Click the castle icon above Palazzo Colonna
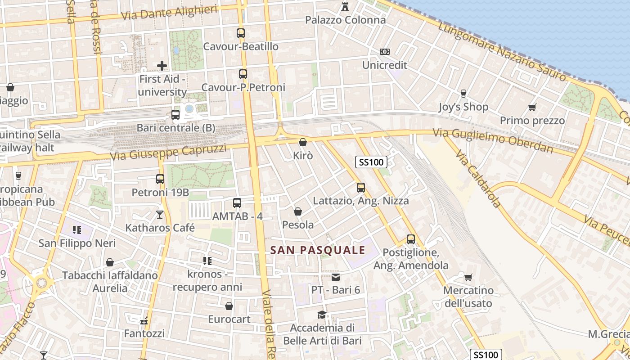click(345, 6)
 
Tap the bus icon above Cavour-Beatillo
click(241, 33)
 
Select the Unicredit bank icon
click(384, 52)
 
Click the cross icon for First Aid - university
click(162, 66)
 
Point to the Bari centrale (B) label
click(176, 128)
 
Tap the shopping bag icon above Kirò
click(303, 142)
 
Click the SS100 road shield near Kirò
click(371, 162)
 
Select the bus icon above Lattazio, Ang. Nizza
click(361, 187)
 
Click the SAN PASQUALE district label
click(318, 250)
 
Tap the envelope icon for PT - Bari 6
click(336, 277)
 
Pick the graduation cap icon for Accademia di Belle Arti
click(322, 314)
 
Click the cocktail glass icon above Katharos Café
click(160, 214)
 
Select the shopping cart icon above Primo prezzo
click(532, 107)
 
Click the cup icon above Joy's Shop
click(463, 93)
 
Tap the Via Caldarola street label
click(478, 179)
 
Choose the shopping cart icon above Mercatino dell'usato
click(468, 277)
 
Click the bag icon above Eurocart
click(229, 306)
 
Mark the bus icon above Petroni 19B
click(160, 179)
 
